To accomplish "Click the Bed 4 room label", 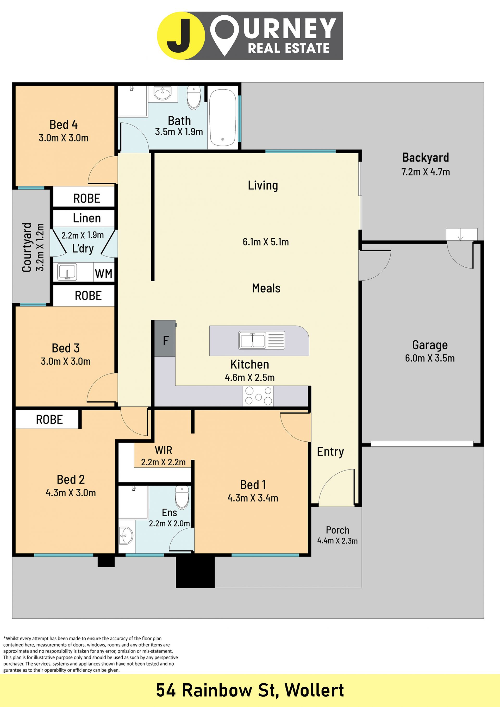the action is (x=64, y=125).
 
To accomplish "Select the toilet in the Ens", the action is (x=182, y=497).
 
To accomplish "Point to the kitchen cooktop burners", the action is (x=258, y=396).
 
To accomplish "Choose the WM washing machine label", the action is (x=103, y=273).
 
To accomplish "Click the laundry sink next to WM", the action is (x=67, y=272).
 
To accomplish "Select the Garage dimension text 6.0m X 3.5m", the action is (x=429, y=358).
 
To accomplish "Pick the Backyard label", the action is (x=426, y=157).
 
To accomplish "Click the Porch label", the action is (x=337, y=530).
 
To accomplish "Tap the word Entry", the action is (x=330, y=452).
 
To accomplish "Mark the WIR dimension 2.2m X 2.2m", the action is (x=163, y=462).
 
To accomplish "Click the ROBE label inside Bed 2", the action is (x=49, y=420).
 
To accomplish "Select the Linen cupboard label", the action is (x=87, y=218).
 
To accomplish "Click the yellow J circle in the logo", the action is (x=181, y=36).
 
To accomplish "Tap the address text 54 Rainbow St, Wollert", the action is (x=250, y=690).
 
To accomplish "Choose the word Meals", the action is (x=266, y=288).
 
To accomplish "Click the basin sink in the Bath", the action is (x=162, y=93).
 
